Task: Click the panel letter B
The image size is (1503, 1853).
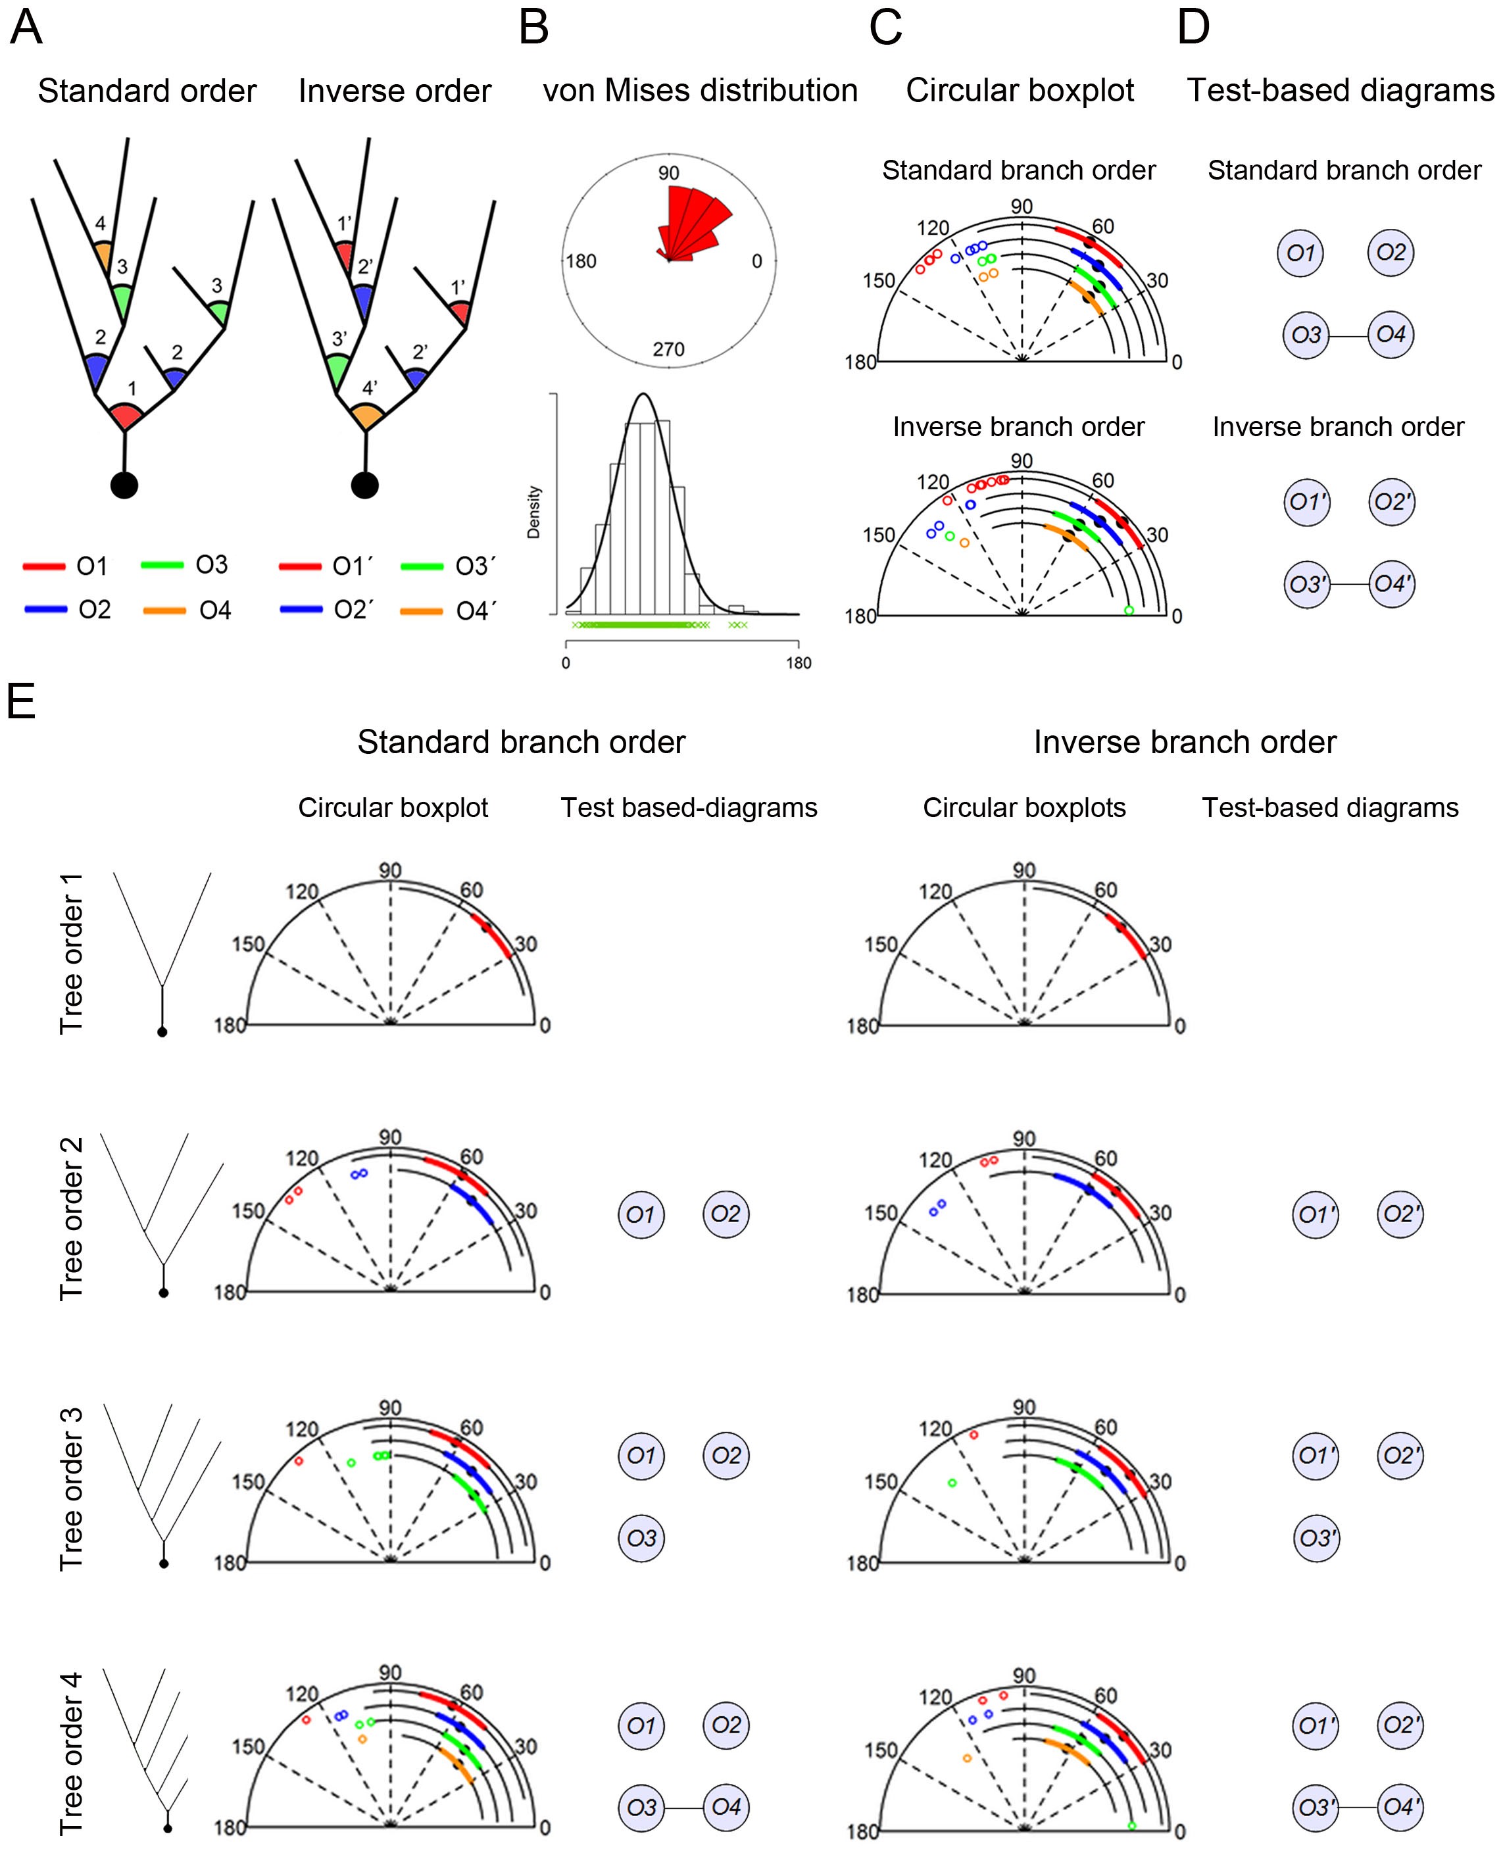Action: pos(533,28)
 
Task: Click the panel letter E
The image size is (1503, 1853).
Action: pos(21,701)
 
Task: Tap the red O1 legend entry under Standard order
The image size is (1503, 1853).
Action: pos(66,566)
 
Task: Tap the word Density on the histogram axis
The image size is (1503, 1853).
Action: pos(533,512)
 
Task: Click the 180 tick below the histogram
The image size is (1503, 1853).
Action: pos(799,663)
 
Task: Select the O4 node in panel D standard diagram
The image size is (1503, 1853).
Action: pos(1391,334)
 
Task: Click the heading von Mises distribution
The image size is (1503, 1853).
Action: pos(700,91)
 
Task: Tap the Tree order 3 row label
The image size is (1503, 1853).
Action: pos(71,1489)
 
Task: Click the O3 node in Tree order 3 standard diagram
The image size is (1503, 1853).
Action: pos(641,1538)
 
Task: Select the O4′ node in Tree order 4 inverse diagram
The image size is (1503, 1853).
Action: pos(1400,1807)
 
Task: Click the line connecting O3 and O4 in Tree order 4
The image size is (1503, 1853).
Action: pos(684,1807)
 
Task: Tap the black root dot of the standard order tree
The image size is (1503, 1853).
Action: pos(125,485)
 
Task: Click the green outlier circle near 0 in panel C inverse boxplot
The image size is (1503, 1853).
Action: pos(1128,610)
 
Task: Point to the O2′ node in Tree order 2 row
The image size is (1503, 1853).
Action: pos(1400,1214)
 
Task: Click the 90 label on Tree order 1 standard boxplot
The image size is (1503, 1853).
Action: pos(391,870)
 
